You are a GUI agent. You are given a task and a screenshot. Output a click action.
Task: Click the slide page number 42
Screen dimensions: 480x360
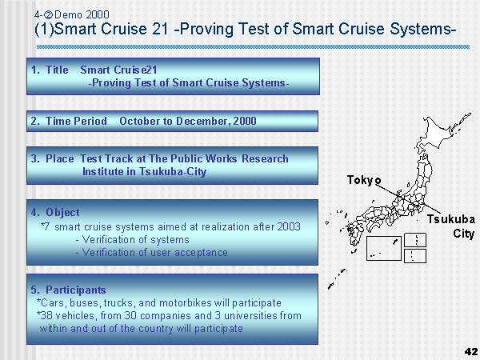pyautogui.click(x=471, y=352)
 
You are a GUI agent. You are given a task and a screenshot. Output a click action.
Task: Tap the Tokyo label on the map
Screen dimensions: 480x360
pyautogui.click(x=364, y=180)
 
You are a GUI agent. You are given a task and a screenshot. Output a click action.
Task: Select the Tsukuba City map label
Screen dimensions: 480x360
pyautogui.click(x=451, y=226)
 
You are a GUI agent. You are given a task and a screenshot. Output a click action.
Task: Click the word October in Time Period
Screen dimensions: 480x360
pyautogui.click(x=140, y=122)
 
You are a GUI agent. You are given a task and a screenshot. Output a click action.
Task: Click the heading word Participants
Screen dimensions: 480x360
pyautogui.click(x=76, y=290)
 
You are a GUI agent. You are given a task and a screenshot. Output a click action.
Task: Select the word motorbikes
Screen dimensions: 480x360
pyautogui.click(x=186, y=302)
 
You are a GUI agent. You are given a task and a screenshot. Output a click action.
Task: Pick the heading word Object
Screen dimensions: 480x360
pyautogui.click(x=62, y=213)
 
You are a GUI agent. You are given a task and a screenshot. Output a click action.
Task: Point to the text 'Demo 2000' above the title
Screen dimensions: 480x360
pyautogui.click(x=82, y=14)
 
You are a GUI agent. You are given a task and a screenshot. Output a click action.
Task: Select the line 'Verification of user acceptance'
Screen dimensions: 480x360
pyautogui.click(x=151, y=253)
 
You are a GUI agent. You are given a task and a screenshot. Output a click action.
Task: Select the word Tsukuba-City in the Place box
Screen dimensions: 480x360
pyautogui.click(x=173, y=171)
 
